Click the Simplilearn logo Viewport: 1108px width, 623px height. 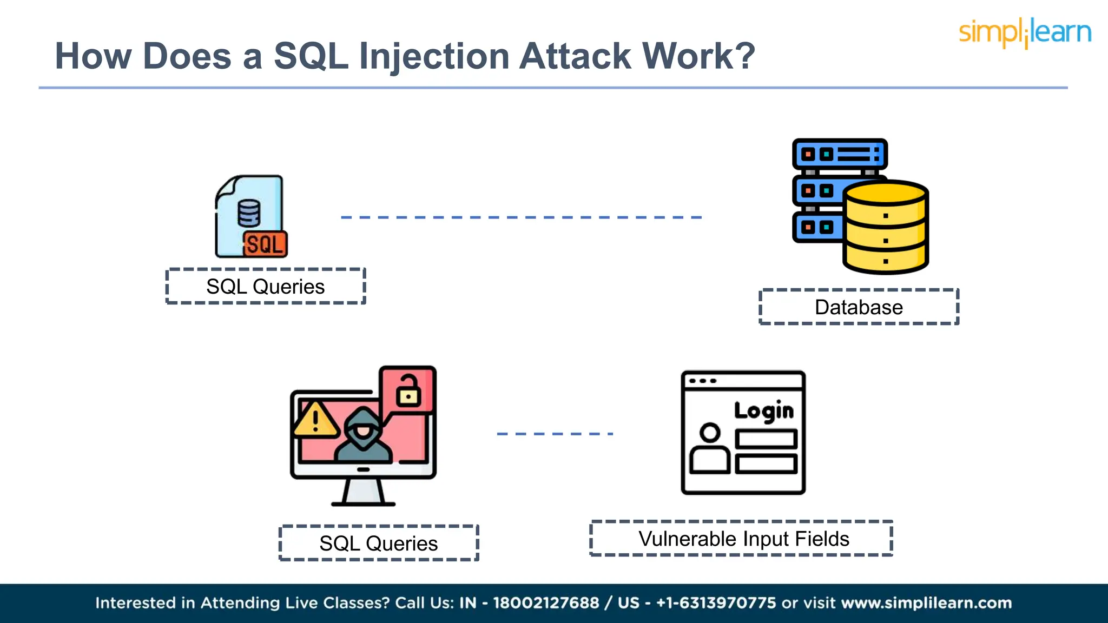click(x=1025, y=32)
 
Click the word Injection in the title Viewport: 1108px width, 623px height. click(x=434, y=57)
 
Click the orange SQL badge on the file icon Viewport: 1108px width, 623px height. click(x=265, y=244)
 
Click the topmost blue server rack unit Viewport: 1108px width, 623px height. click(x=840, y=154)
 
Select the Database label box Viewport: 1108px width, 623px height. click(x=859, y=307)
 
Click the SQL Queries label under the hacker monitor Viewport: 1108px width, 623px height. click(x=379, y=543)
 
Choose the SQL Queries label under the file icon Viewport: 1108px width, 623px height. click(x=266, y=287)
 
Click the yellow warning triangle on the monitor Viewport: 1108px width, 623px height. click(x=315, y=421)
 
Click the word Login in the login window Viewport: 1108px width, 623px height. click(x=763, y=411)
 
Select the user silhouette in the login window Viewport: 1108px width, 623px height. click(x=710, y=449)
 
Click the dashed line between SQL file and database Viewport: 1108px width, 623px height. click(x=521, y=217)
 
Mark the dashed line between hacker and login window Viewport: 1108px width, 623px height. click(x=555, y=434)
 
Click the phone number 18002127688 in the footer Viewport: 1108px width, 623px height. click(x=546, y=603)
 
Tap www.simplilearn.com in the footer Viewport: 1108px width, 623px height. click(x=926, y=603)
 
